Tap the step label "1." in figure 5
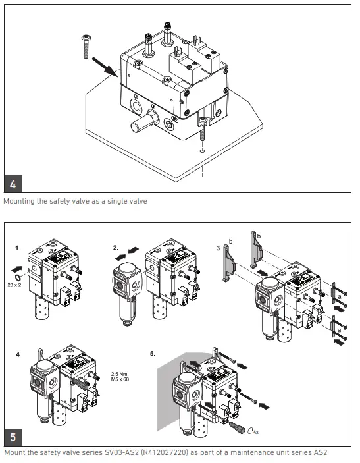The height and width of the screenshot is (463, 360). coord(18,250)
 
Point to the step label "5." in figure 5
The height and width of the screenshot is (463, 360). coord(153,353)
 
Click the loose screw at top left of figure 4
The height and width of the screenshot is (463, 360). coord(86,47)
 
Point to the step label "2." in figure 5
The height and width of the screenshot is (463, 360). coord(116,248)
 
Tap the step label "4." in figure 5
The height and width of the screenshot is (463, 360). coord(18,354)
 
